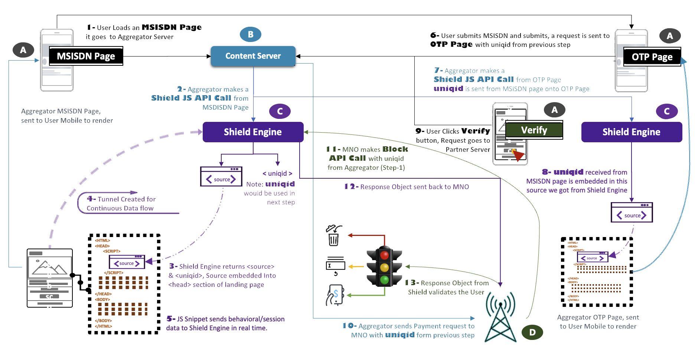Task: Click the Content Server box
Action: pyautogui.click(x=253, y=56)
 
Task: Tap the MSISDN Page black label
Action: pyautogui.click(x=86, y=56)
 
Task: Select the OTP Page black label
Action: pyautogui.click(x=652, y=57)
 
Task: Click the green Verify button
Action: pyautogui.click(x=534, y=130)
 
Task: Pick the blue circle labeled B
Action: pyautogui.click(x=251, y=35)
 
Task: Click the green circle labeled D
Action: pyautogui.click(x=532, y=332)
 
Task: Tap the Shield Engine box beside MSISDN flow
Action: pyautogui.click(x=253, y=132)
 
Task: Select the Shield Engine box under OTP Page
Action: pyautogui.click(x=631, y=132)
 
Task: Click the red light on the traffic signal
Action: pyautogui.click(x=384, y=255)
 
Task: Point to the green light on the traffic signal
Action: pyautogui.click(x=384, y=279)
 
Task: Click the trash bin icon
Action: pyautogui.click(x=333, y=236)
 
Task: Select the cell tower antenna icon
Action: pyautogui.click(x=500, y=318)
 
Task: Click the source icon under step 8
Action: pyautogui.click(x=632, y=213)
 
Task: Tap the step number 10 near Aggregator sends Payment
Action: pyautogui.click(x=349, y=326)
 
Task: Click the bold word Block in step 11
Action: pyautogui.click(x=395, y=149)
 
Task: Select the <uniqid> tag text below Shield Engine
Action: pyautogui.click(x=277, y=173)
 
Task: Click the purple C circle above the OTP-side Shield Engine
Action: pyautogui.click(x=666, y=111)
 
